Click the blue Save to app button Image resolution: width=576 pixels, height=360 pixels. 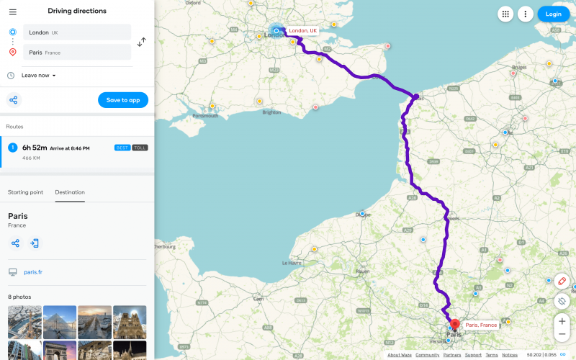pos(123,100)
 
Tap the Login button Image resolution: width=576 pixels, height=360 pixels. pos(553,14)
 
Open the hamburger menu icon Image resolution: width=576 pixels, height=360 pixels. pos(12,12)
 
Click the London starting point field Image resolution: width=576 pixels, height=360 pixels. pos(77,32)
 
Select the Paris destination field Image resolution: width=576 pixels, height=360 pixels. pos(77,53)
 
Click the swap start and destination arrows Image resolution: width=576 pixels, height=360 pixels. pos(142,42)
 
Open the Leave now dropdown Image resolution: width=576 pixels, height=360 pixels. pos(39,75)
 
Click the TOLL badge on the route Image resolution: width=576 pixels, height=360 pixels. pos(140,148)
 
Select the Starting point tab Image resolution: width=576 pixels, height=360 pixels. pos(25,192)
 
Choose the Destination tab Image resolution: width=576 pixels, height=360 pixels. pos(70,192)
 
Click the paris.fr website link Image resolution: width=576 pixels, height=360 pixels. pos(33,272)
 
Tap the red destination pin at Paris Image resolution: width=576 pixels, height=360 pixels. pos(455,324)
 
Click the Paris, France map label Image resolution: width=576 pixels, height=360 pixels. pos(481,325)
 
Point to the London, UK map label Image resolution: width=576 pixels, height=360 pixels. pos(303,31)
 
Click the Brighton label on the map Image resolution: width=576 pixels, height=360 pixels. pos(272,112)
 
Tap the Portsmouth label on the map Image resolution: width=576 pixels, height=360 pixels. pos(206,115)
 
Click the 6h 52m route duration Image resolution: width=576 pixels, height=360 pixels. pos(35,148)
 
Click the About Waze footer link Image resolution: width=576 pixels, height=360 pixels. pos(399,355)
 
